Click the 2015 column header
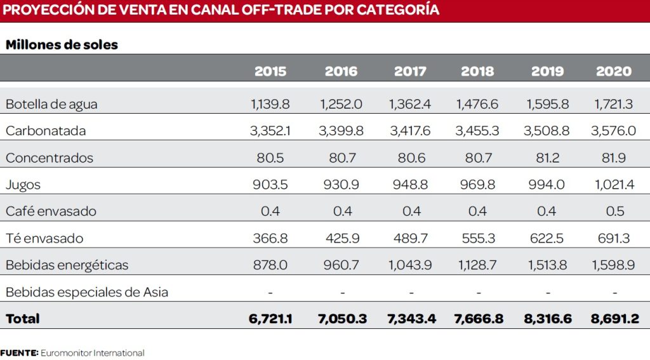pos(270,71)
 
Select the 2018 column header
pos(477,71)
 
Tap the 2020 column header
pos(614,71)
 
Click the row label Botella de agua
pos(51,104)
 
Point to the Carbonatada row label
pos(46,131)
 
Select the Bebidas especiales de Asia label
pos(87,292)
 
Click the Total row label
pos(23,319)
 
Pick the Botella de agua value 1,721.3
pos(614,104)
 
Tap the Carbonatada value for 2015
pos(270,131)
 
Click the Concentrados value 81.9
pos(614,158)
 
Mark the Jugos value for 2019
pos(547,185)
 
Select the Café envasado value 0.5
pos(614,211)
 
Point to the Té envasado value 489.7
pos(410,238)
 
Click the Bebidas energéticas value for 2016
pos(342,265)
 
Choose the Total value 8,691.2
pos(614,319)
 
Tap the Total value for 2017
pos(410,319)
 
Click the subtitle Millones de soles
pos(62,45)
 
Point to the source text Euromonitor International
pos(93,352)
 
